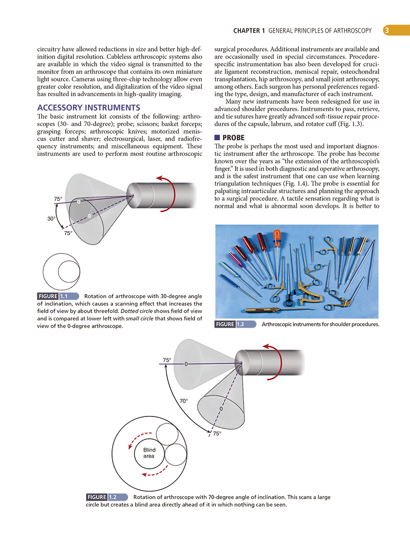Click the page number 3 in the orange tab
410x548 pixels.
[386, 30]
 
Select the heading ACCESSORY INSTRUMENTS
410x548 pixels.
[88, 108]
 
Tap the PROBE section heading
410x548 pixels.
[233, 137]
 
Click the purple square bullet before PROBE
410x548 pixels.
[217, 137]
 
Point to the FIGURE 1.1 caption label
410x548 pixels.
[58, 296]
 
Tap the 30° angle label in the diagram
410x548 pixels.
[51, 218]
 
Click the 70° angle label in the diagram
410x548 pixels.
[184, 401]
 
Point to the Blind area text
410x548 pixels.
[149, 453]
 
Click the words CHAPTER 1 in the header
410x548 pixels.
[249, 31]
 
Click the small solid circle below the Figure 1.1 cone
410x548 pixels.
[70, 272]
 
